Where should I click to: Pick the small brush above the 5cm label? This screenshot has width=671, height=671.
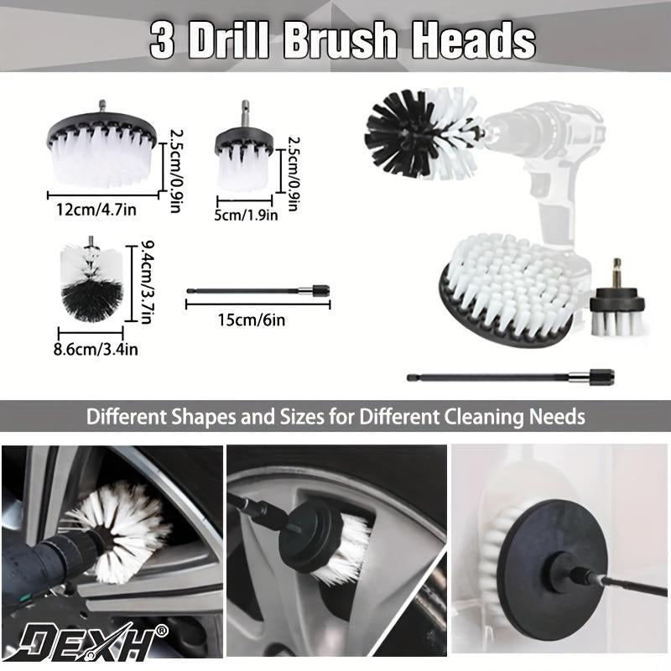pos(245,155)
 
